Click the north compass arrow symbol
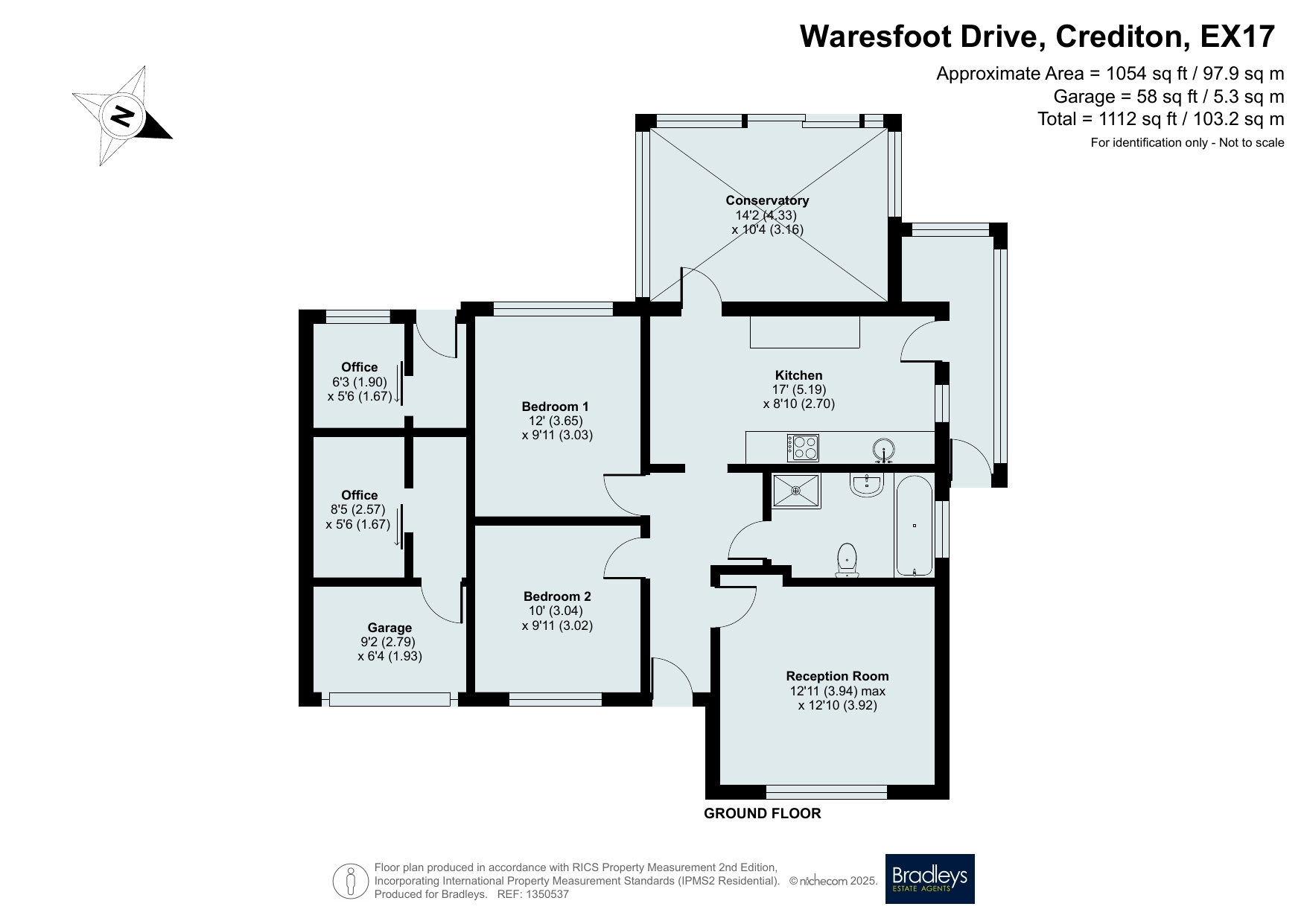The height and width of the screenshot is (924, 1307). pyautogui.click(x=122, y=115)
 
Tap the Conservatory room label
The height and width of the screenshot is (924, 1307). pyautogui.click(x=767, y=200)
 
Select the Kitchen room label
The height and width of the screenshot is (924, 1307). pyautogui.click(x=798, y=375)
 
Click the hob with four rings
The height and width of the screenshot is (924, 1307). pyautogui.click(x=803, y=447)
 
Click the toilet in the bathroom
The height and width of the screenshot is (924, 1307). pyautogui.click(x=847, y=560)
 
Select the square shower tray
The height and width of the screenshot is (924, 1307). pyautogui.click(x=797, y=491)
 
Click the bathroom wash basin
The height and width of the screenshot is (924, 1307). pyautogui.click(x=867, y=485)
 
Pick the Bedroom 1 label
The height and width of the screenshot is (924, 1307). pyautogui.click(x=555, y=407)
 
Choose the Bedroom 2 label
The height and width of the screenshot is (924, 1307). pyautogui.click(x=557, y=596)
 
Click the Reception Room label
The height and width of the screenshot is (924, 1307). pyautogui.click(x=837, y=676)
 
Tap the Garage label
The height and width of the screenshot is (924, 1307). pyautogui.click(x=389, y=628)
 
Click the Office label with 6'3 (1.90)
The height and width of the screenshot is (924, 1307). pyautogui.click(x=360, y=367)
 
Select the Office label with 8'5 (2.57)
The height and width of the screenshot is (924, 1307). pyautogui.click(x=360, y=495)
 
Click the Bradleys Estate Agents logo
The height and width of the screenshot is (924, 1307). pyautogui.click(x=929, y=879)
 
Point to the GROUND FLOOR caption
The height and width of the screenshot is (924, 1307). pyautogui.click(x=763, y=814)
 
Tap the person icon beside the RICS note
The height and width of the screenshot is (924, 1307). pyautogui.click(x=351, y=881)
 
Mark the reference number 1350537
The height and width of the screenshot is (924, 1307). pyautogui.click(x=547, y=894)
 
